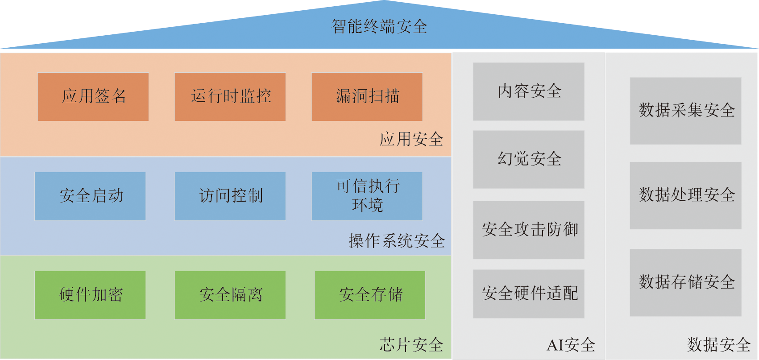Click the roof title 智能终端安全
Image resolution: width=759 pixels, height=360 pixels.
click(379, 27)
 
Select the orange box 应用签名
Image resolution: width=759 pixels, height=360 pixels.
click(93, 97)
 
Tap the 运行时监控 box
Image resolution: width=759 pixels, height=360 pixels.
click(230, 97)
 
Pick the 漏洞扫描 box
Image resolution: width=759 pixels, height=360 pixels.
click(367, 97)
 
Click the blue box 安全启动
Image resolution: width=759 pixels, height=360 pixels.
click(91, 196)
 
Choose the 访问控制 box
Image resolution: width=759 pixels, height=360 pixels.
click(230, 196)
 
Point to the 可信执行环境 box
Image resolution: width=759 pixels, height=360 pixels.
click(367, 196)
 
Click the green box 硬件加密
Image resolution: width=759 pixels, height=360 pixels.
click(91, 295)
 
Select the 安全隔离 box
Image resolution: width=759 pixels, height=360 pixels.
click(230, 295)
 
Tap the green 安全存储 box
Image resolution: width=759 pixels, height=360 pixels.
click(370, 295)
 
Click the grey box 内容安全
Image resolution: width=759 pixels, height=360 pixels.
click(529, 91)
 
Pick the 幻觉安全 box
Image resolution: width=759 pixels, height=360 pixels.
click(529, 159)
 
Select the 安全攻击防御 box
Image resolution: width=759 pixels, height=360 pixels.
click(529, 230)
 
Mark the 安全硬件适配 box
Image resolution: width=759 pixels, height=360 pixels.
click(529, 294)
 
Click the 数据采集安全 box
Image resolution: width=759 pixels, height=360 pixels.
click(686, 111)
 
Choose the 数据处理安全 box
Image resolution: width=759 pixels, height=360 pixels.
click(686, 195)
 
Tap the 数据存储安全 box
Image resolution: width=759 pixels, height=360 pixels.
click(686, 282)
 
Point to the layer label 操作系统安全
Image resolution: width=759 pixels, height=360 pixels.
click(397, 241)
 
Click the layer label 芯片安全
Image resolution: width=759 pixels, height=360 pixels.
click(411, 345)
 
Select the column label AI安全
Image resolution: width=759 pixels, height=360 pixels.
click(571, 345)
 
